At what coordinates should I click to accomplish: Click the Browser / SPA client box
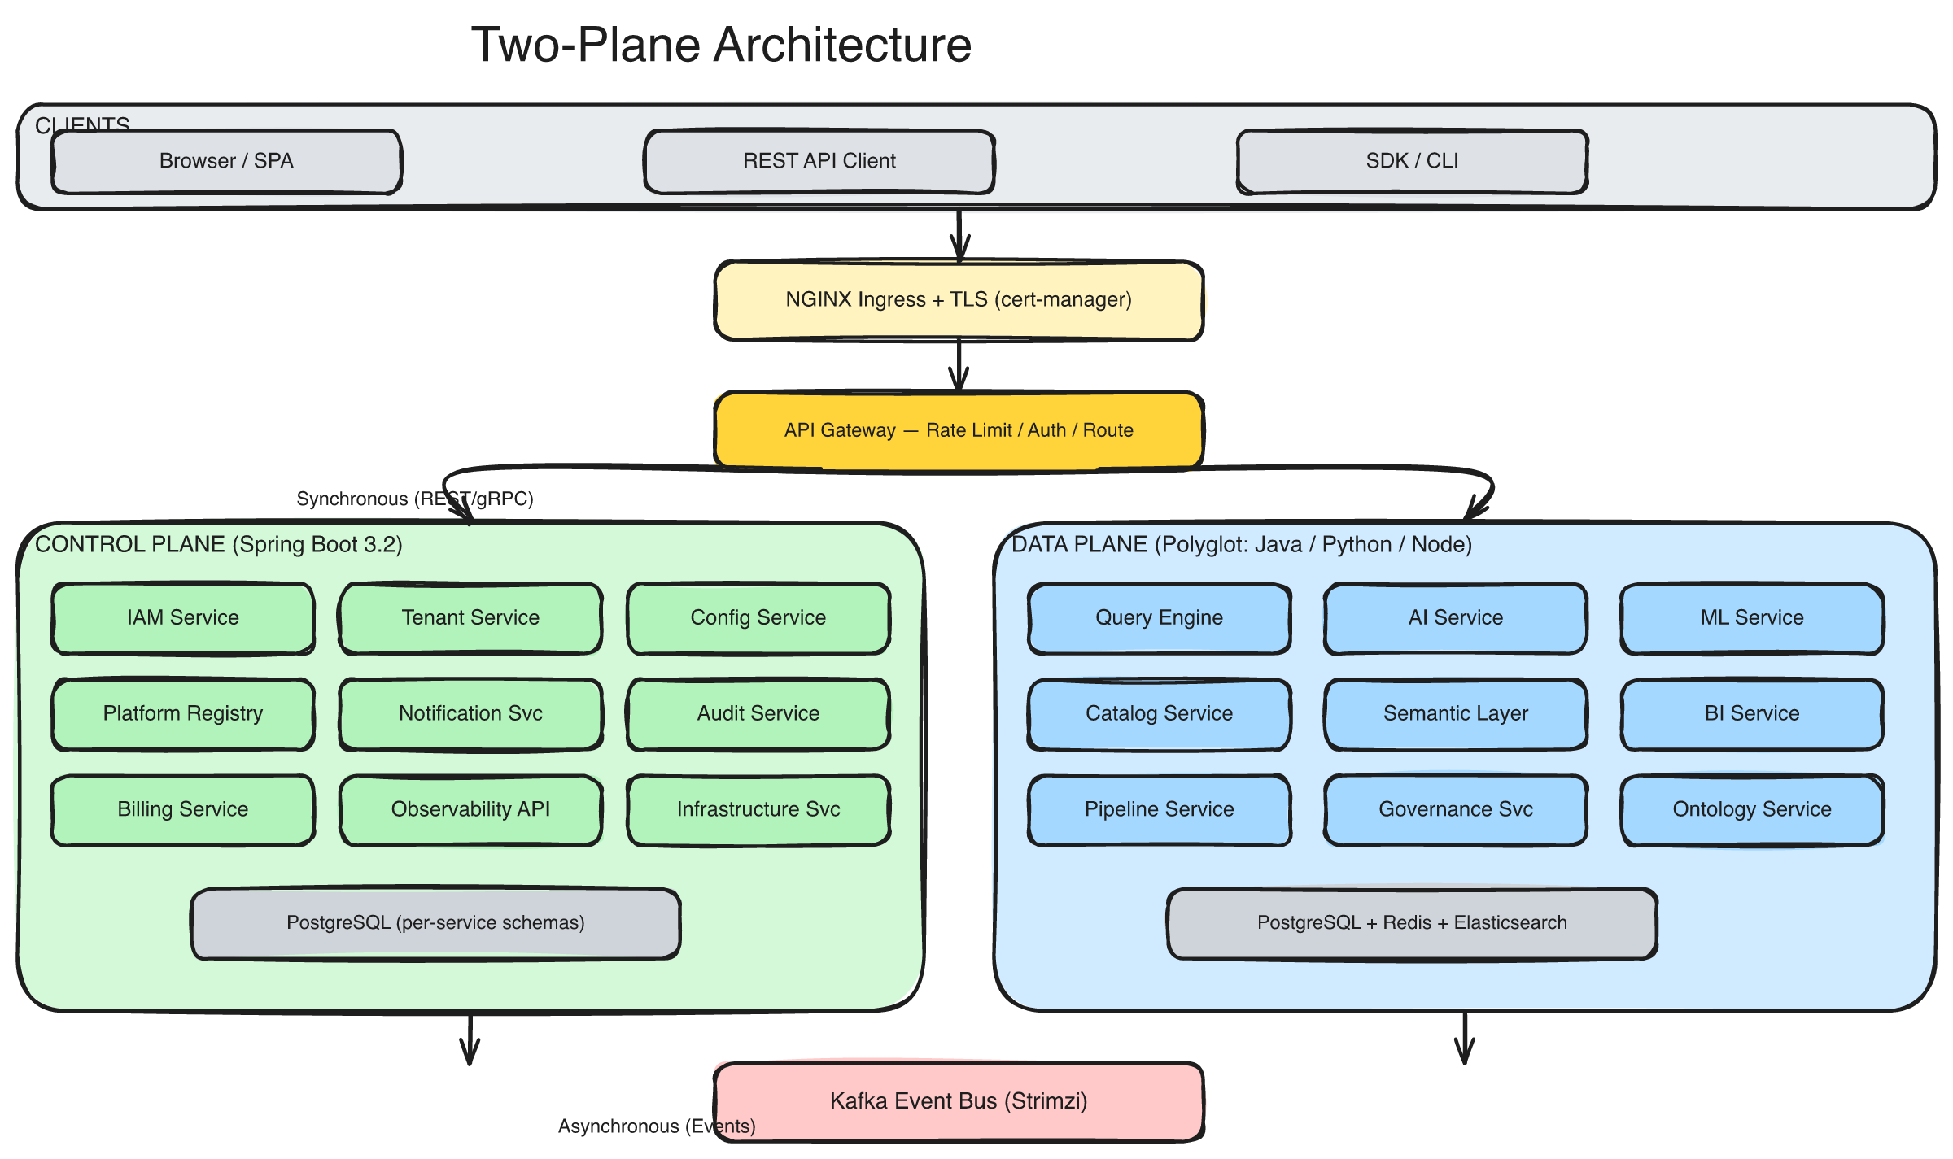coord(226,161)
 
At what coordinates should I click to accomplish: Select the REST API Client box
coord(819,161)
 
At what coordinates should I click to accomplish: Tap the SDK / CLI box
coord(1412,161)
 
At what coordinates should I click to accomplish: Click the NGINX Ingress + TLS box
coord(959,300)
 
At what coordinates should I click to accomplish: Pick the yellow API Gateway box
coord(959,430)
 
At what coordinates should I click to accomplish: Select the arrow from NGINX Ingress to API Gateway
coord(959,366)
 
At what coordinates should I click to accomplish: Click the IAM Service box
coord(183,618)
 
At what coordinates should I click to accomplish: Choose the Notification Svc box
coord(470,714)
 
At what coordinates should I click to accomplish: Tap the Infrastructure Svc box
coord(758,810)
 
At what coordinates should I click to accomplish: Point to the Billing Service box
coord(183,810)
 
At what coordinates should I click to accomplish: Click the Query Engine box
coord(1159,618)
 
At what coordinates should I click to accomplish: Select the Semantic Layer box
coord(1456,714)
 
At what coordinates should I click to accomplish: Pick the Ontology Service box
coord(1752,810)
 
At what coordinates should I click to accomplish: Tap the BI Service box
coord(1752,714)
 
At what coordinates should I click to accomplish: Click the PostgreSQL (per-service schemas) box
coord(435,923)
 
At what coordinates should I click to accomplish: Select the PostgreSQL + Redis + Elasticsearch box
coord(1412,923)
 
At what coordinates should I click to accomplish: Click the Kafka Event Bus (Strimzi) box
coord(959,1101)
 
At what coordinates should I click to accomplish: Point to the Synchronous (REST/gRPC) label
coord(414,499)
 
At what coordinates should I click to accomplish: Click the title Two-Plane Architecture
coord(721,45)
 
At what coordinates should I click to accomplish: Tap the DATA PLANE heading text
coord(1241,544)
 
